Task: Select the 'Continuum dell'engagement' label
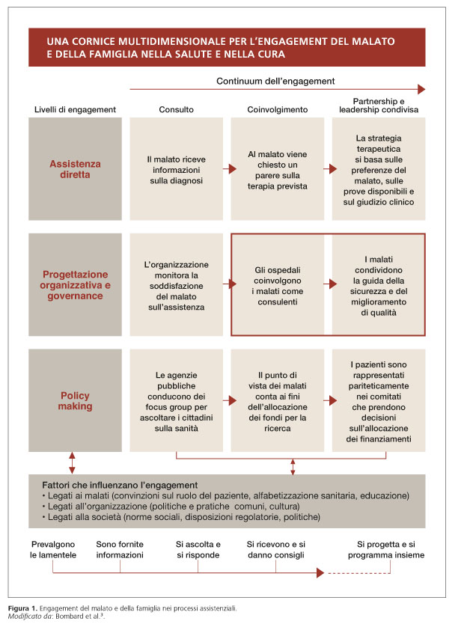[275, 81]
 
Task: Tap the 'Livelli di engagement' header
[75, 109]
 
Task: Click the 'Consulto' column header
[176, 109]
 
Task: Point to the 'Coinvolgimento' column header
[278, 109]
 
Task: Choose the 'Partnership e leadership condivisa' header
[379, 105]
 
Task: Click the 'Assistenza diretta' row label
[75, 169]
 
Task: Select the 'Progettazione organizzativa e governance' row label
[75, 284]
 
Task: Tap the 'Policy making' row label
[75, 400]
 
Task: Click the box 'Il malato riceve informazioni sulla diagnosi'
[176, 169]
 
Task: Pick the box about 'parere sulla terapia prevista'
[278, 170]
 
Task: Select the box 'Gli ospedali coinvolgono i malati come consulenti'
[278, 284]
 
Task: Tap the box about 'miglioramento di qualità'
[379, 284]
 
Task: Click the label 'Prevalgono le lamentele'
[54, 550]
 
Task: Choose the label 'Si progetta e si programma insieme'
[385, 550]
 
